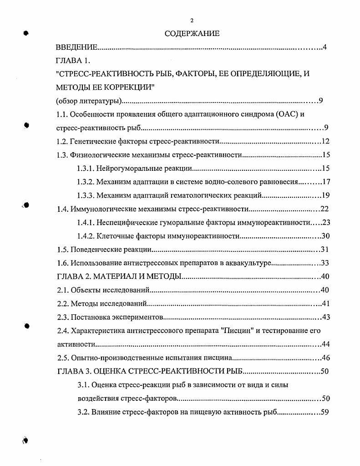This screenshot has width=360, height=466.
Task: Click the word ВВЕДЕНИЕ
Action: tap(76, 47)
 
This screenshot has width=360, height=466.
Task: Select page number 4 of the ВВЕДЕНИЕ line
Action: tap(325, 47)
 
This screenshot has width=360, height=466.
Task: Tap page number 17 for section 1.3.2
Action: tap(325, 182)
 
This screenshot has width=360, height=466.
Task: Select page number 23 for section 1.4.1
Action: tap(325, 223)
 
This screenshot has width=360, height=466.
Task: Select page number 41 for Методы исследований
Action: tap(325, 303)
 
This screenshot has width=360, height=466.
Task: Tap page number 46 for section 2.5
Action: tap(325, 358)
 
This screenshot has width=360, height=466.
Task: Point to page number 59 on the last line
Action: tap(325, 412)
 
